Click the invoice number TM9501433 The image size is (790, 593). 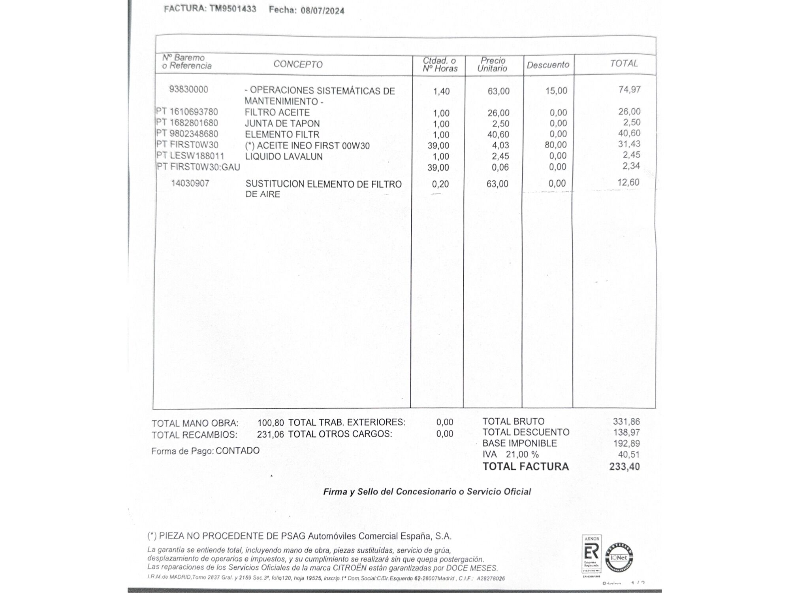click(233, 9)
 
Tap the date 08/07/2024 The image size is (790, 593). click(322, 11)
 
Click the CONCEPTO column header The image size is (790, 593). click(298, 64)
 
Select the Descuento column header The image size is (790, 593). click(548, 65)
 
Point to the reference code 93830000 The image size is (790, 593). click(188, 89)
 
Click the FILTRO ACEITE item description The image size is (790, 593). click(277, 113)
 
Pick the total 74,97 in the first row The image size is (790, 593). click(629, 90)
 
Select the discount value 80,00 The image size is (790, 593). click(556, 145)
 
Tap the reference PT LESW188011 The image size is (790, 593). click(190, 156)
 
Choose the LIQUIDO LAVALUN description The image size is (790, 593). click(284, 157)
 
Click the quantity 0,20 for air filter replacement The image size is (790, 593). click(440, 184)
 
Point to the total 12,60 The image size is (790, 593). click(628, 182)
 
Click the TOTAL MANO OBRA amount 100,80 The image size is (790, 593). click(271, 423)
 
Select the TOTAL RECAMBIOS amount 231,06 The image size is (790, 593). click(270, 434)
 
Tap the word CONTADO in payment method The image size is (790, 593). click(237, 451)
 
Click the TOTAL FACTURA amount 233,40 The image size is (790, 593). click(624, 467)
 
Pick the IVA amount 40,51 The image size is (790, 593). click(628, 455)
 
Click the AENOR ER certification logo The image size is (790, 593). click(591, 553)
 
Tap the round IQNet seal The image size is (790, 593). click(619, 557)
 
